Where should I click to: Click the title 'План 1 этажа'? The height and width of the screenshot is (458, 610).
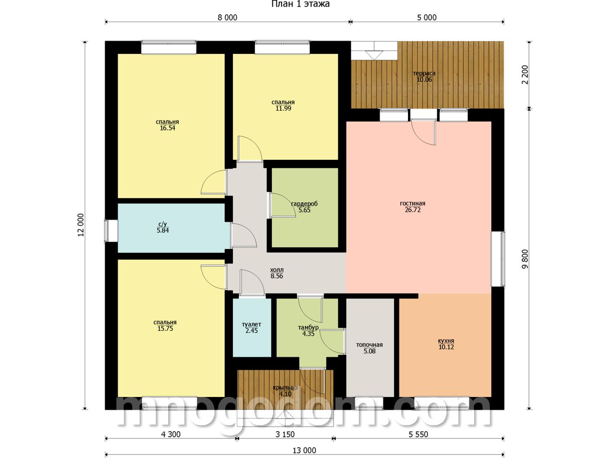tap(300, 4)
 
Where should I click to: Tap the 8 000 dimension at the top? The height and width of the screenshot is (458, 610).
tap(227, 18)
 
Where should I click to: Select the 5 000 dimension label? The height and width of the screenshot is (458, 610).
tap(427, 18)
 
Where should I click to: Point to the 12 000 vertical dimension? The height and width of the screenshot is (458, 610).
tap(81, 225)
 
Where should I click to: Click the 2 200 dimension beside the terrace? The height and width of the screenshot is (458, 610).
tap(525, 74)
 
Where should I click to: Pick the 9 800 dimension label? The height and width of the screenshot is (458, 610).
tap(525, 259)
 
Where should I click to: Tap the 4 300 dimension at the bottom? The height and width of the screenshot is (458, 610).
tap(170, 434)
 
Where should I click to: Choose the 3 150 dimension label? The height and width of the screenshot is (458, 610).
tap(285, 434)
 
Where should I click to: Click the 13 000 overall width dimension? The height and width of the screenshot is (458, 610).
tap(305, 450)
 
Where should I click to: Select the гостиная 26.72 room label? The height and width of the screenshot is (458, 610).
tap(413, 207)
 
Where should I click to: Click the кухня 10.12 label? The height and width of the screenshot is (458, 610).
tap(446, 343)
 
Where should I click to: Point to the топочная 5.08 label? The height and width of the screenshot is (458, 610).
tap(369, 348)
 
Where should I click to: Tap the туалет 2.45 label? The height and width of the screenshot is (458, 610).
tap(252, 327)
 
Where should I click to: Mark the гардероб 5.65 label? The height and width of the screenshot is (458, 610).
tap(305, 207)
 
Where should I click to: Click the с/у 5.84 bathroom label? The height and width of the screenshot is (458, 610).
tap(163, 227)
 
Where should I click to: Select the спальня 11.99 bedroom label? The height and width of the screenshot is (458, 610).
tap(283, 105)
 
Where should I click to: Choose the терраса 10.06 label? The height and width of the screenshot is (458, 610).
tap(424, 76)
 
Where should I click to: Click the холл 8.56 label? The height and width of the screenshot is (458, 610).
tap(277, 273)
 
